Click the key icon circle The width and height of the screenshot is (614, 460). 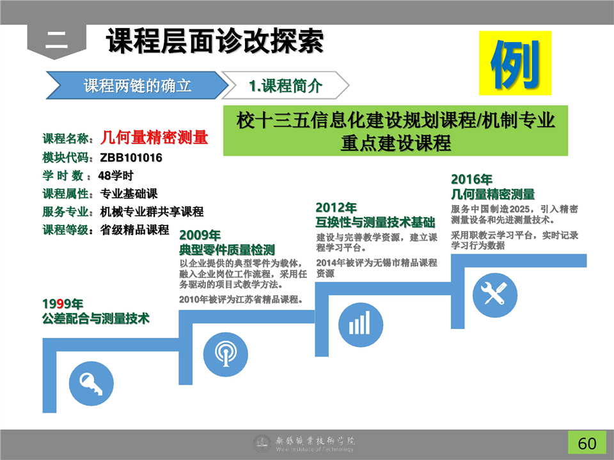click(x=91, y=383)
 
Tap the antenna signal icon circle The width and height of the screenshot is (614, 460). click(x=226, y=355)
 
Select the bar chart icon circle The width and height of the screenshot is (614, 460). click(x=361, y=325)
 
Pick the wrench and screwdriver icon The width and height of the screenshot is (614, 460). click(x=495, y=295)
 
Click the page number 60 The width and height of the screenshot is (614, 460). click(x=587, y=443)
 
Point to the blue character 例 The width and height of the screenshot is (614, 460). click(x=515, y=64)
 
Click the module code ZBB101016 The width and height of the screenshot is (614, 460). click(x=130, y=158)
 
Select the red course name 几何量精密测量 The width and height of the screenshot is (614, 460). click(x=154, y=137)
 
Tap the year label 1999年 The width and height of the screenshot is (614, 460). click(x=63, y=303)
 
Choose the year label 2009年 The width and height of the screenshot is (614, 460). click(x=200, y=234)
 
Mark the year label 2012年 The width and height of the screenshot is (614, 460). click(x=336, y=207)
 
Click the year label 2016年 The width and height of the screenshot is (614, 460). click(x=471, y=179)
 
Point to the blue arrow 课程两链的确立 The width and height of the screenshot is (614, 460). click(x=137, y=85)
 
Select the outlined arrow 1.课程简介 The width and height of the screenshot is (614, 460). click(x=285, y=85)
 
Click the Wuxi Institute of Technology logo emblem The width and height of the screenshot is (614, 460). click(x=262, y=443)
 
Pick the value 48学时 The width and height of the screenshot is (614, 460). click(x=116, y=176)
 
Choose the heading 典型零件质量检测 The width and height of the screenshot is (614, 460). click(x=227, y=250)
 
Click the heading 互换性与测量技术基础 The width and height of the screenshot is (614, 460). click(x=375, y=222)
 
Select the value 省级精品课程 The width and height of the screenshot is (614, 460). click(x=134, y=229)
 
